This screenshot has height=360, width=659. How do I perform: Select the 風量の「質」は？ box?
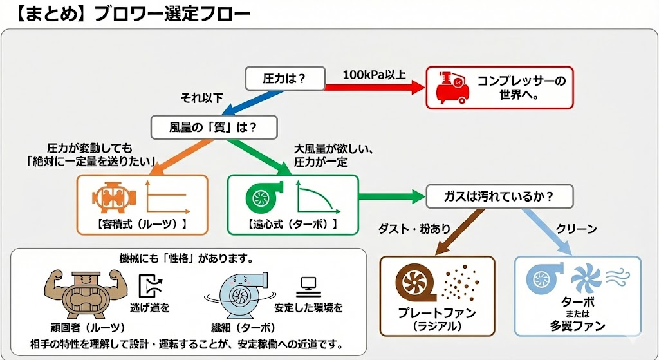click(214, 127)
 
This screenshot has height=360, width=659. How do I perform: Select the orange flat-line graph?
click(166, 197)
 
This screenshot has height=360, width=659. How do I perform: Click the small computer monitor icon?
click(308, 283)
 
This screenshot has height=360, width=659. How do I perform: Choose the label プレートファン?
click(437, 314)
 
